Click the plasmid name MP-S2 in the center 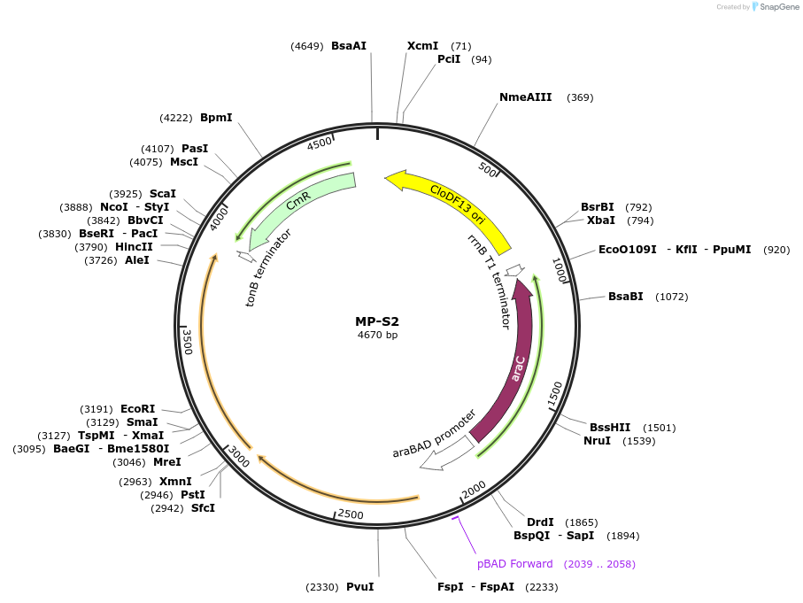click(378, 321)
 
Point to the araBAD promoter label click(434, 433)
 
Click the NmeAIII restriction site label click(526, 97)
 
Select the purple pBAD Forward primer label click(514, 564)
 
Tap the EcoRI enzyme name click(137, 409)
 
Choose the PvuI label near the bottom click(359, 587)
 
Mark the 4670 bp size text click(378, 336)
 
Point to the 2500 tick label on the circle click(351, 514)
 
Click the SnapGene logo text click(776, 7)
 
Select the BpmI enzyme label click(216, 117)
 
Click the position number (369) click(580, 97)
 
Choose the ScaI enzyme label click(163, 193)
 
